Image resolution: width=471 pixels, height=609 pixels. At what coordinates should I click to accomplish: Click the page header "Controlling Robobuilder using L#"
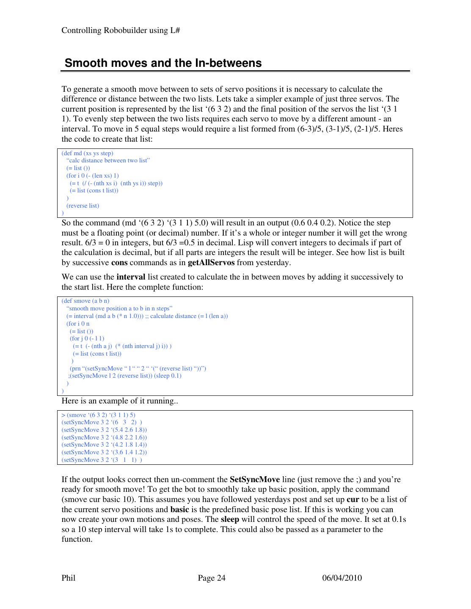pyautogui.click(x=121, y=30)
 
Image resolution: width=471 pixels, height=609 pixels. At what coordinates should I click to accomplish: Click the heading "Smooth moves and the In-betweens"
pyautogui.click(x=163, y=63)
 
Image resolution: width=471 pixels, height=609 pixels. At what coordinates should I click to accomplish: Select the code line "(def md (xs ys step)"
pyautogui.click(x=88, y=153)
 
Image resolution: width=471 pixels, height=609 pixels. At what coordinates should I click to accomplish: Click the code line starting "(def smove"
pyautogui.click(x=85, y=301)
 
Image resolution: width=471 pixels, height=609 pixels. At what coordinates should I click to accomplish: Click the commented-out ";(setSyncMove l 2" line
pyautogui.click(x=125, y=376)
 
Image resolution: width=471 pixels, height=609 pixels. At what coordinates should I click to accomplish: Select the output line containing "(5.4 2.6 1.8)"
pyautogui.click(x=104, y=430)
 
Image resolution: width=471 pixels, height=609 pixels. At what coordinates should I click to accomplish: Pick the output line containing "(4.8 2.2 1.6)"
pyautogui.click(x=104, y=437)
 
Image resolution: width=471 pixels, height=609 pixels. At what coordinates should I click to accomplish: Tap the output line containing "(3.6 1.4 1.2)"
pyautogui.click(x=104, y=452)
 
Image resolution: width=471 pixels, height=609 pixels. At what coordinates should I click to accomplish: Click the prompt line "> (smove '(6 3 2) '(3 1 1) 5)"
pyautogui.click(x=99, y=415)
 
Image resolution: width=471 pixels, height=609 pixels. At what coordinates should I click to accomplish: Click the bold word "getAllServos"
pyautogui.click(x=211, y=263)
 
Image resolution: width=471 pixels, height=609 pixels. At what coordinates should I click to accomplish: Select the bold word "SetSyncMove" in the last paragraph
pyautogui.click(x=254, y=480)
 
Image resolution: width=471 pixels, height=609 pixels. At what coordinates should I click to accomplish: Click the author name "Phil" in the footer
pyautogui.click(x=69, y=578)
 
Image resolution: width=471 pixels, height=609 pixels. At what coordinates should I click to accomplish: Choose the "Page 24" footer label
pyautogui.click(x=212, y=578)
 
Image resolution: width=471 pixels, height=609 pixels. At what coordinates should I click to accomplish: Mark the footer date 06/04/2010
pyautogui.click(x=342, y=578)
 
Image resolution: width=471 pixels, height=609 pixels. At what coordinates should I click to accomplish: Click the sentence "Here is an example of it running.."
pyautogui.click(x=120, y=401)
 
